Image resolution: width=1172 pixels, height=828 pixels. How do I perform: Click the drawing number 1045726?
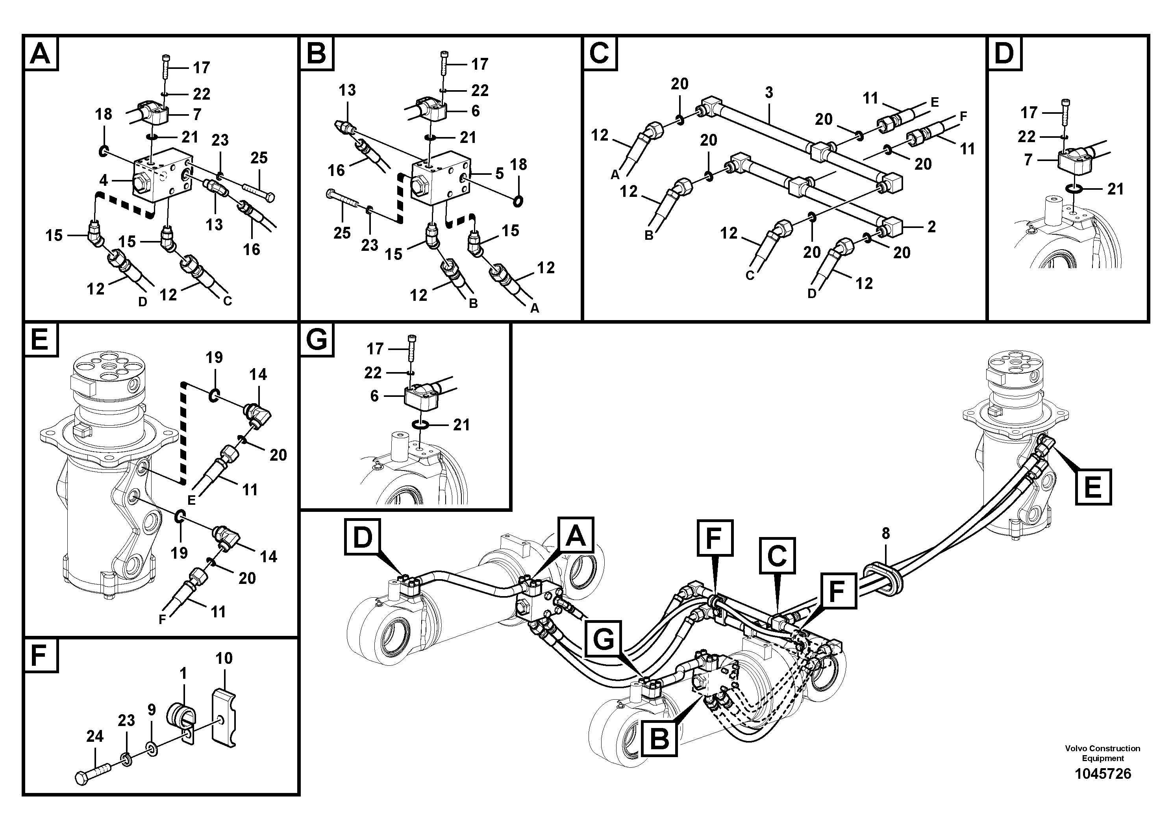tap(1103, 774)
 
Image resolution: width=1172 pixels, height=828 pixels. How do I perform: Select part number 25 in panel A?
tap(259, 158)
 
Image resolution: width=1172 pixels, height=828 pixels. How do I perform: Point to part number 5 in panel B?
tap(499, 174)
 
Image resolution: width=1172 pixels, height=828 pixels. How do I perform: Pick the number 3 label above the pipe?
tap(769, 93)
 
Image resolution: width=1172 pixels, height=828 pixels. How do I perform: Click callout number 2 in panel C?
tap(931, 227)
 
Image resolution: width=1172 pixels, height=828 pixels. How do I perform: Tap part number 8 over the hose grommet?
tap(886, 533)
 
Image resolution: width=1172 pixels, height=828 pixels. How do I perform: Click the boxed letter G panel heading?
tap(317, 339)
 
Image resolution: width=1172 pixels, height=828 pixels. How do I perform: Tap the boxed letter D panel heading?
tap(1004, 53)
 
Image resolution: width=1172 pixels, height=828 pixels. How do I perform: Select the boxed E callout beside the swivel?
tap(1092, 487)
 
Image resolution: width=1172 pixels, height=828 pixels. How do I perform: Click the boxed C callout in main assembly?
tap(777, 556)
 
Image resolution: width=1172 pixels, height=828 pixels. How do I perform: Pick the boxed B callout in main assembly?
tap(659, 738)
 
